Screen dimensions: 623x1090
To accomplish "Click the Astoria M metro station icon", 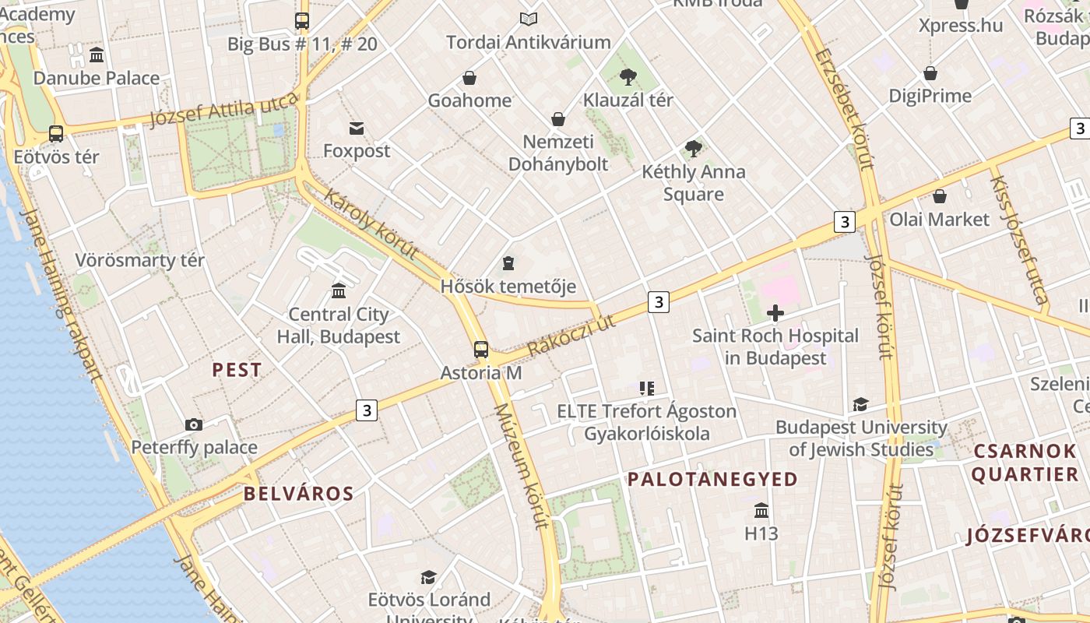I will (x=481, y=349).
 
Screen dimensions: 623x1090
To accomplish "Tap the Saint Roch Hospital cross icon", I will (x=775, y=313).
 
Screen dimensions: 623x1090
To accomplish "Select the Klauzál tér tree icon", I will (x=628, y=76).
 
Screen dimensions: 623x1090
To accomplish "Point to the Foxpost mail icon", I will (x=357, y=128).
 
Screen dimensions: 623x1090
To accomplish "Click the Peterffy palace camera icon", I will (x=194, y=424).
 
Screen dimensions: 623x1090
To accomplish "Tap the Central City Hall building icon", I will (x=339, y=291).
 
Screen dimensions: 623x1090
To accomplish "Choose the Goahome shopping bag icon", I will (x=469, y=78).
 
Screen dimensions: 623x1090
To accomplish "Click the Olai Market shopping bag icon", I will (x=940, y=196).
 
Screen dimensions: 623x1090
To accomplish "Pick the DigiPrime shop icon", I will (x=930, y=73).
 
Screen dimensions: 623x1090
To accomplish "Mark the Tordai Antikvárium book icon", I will (x=529, y=19).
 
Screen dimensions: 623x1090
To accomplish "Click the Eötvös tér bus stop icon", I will (x=56, y=134).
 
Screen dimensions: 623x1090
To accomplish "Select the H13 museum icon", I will (x=761, y=511).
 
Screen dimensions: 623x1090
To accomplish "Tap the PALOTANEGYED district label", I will (x=712, y=479).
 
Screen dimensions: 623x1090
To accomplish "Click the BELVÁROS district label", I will (x=298, y=494).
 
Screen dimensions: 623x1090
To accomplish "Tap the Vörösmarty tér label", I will (x=140, y=260).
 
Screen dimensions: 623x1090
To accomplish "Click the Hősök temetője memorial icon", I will (x=508, y=263).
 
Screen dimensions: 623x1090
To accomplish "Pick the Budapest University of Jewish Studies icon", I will (x=860, y=405).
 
